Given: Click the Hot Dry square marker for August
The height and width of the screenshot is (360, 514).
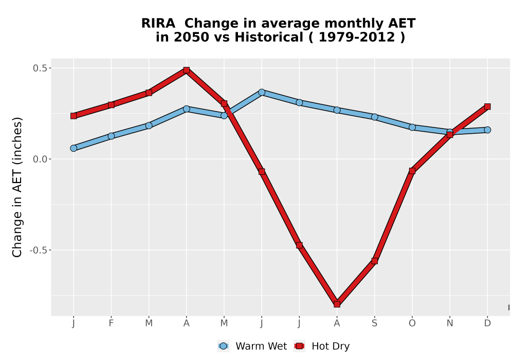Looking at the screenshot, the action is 337,304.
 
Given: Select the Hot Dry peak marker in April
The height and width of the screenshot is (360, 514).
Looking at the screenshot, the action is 187,70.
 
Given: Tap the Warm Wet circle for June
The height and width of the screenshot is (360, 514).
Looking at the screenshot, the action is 262,92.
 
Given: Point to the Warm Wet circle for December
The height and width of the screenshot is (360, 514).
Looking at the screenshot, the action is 487,130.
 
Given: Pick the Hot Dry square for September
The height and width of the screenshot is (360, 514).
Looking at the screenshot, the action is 375,261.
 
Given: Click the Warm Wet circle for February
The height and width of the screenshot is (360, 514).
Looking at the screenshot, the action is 111,136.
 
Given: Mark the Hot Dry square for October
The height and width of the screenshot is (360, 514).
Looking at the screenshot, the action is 412,171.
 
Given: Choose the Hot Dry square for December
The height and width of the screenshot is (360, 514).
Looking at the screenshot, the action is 487,106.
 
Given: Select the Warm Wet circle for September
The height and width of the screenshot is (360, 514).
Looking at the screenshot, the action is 375,117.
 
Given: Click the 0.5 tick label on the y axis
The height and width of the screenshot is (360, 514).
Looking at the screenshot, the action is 40,68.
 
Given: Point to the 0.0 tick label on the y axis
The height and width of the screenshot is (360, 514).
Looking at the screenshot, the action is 40,159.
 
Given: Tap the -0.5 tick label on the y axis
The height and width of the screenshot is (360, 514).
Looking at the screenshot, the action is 38,250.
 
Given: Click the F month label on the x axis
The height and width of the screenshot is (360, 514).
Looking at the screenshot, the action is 111,323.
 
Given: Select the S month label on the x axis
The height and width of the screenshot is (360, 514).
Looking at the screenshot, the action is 375,323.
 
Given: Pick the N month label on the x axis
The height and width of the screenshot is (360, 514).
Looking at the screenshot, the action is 450,323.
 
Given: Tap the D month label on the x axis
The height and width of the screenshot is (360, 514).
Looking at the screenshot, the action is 487,323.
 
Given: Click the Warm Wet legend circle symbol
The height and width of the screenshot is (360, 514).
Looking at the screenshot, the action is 223,346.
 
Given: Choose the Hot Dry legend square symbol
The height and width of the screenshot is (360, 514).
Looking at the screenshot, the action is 299,346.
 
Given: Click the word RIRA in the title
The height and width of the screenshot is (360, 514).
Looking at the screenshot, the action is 158,24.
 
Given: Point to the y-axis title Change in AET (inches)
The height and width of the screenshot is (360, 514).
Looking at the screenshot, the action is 17,187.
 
